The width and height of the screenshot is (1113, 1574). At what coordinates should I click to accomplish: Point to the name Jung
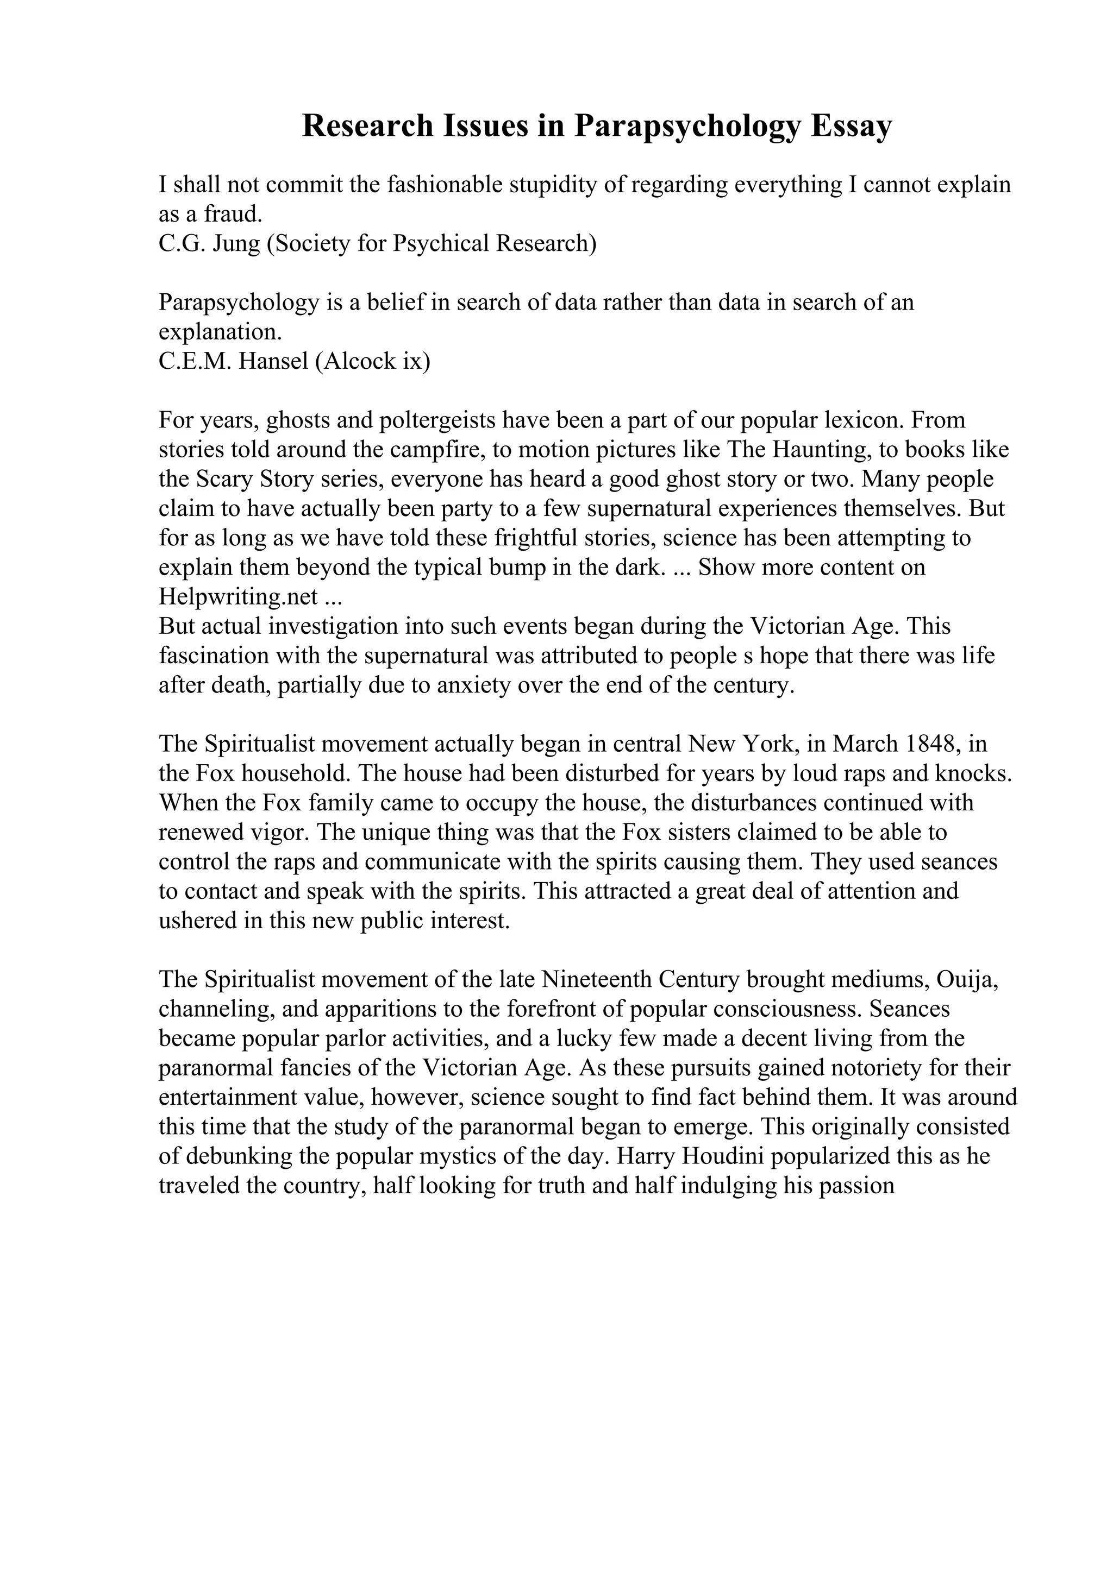pos(236,243)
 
